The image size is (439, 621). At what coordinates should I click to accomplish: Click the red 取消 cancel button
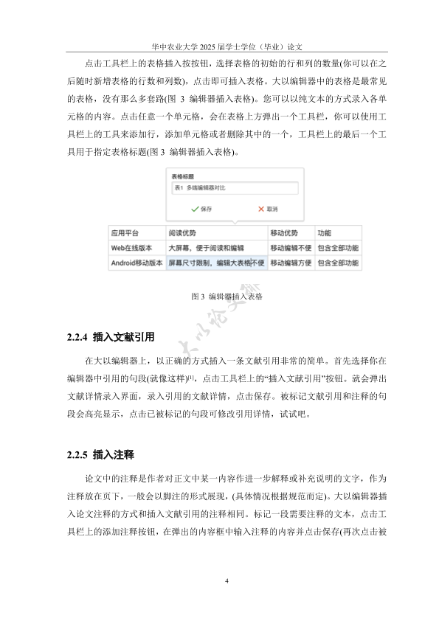tap(267, 209)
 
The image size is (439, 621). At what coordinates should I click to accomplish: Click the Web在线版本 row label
tap(134, 247)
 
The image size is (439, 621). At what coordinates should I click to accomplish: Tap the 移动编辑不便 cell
tap(290, 247)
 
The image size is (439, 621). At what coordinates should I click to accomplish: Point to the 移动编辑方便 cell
tap(290, 263)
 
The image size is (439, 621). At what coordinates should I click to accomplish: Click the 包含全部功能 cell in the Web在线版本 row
tap(337, 247)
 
